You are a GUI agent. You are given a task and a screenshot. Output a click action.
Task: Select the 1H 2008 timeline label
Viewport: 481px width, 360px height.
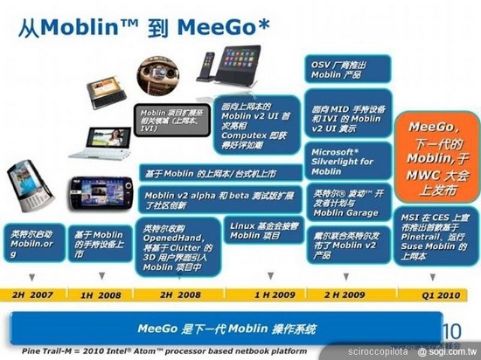click(101, 295)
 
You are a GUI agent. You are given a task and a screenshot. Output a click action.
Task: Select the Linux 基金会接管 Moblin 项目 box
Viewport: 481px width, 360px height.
click(258, 231)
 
